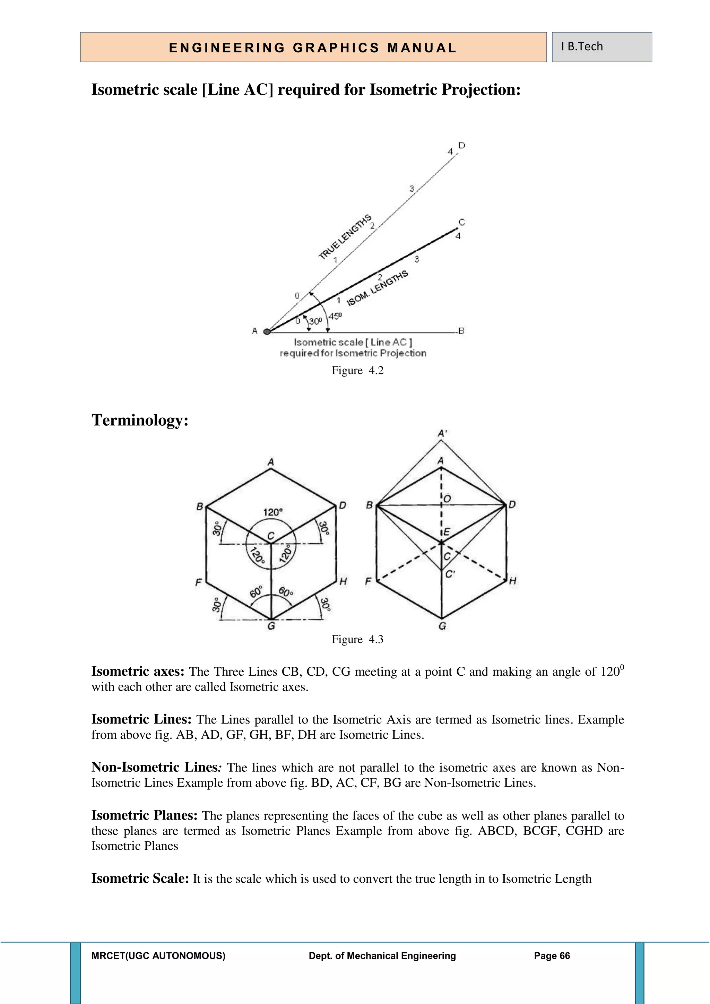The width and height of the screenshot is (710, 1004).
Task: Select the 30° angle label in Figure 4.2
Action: pos(315,321)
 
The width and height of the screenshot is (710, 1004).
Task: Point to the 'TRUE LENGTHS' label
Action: pos(345,236)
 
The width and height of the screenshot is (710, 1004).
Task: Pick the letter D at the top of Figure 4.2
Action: pos(462,145)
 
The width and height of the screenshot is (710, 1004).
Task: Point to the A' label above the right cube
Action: pos(442,434)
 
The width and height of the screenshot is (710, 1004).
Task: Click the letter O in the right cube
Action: pos(447,499)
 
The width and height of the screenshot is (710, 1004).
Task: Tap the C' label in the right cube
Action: pos(450,574)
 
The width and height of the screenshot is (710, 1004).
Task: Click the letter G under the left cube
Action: pos(271,626)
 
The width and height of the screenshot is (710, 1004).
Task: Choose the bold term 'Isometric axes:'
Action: pos(138,671)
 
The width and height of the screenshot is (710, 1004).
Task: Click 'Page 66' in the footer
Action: pos(552,956)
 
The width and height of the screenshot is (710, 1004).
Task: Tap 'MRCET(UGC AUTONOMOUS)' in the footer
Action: pos(158,956)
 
